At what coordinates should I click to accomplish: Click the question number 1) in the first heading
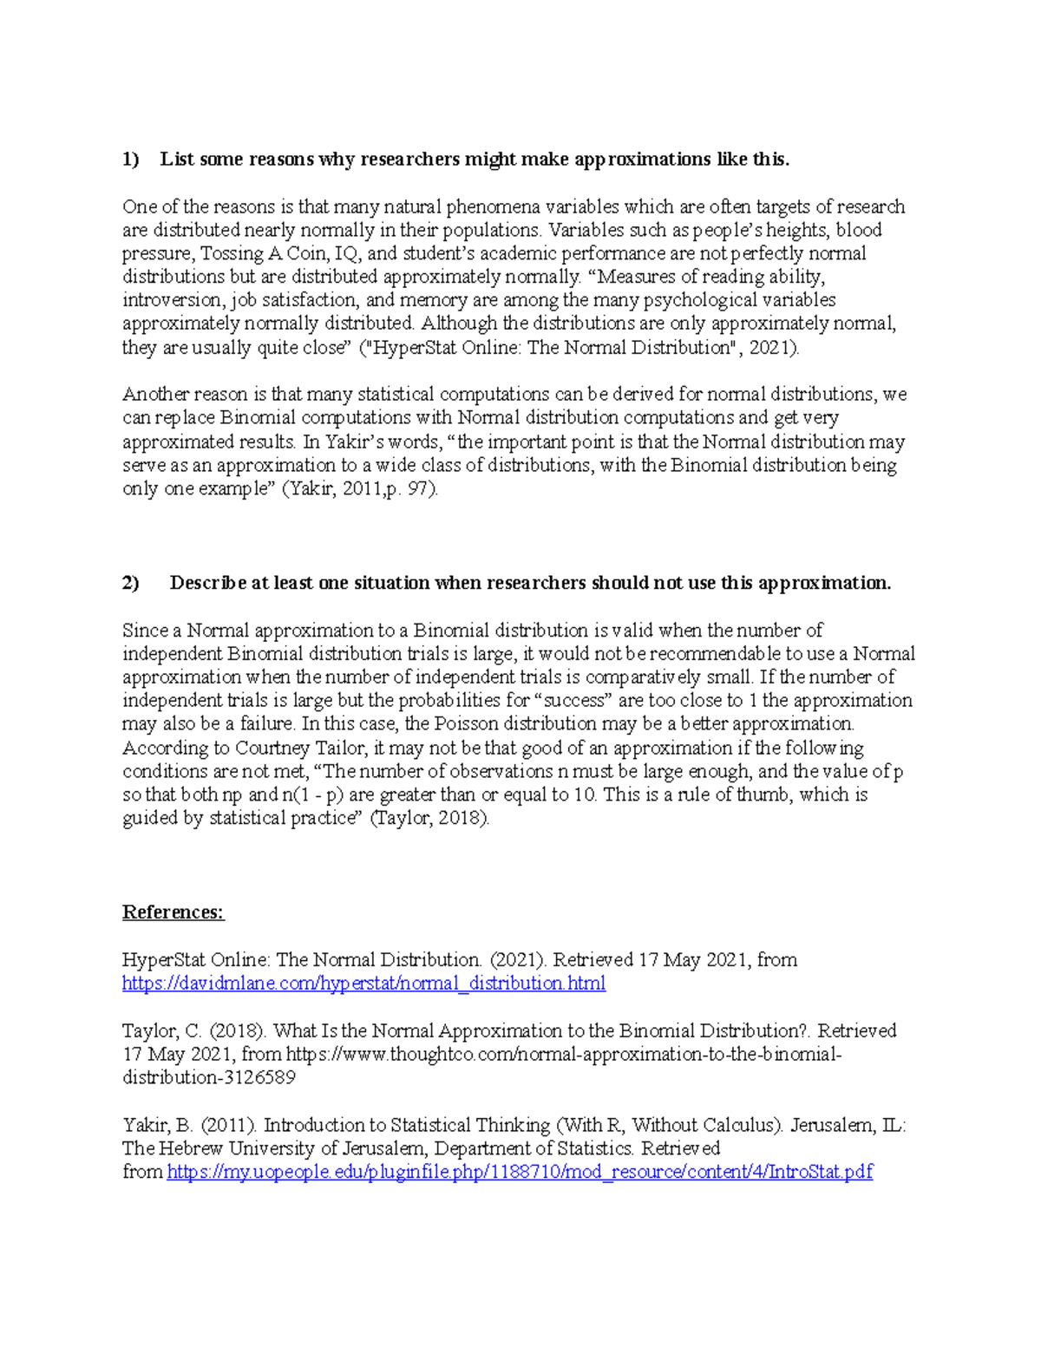130,160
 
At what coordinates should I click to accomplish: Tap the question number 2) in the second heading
130,583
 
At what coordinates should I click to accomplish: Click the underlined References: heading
173,912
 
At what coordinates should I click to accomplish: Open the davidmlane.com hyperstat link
363,984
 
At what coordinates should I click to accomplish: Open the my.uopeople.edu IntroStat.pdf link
520,1173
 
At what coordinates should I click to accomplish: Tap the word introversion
173,301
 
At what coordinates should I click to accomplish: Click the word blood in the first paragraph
859,231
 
